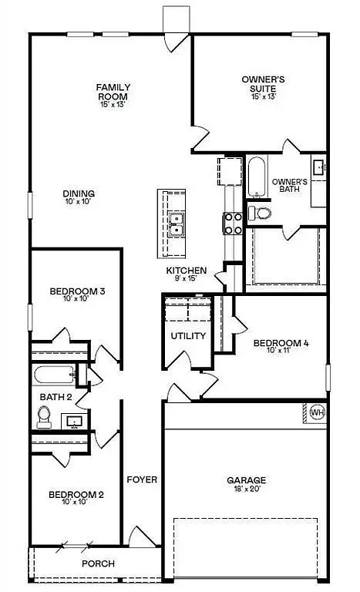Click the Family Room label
coord(113,91)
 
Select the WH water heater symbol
coord(316,413)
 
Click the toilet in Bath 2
coord(45,417)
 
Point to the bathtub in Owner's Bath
coord(256,177)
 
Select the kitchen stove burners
coord(233,224)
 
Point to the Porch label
coord(99,563)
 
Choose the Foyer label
coord(142,479)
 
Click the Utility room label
coord(188,335)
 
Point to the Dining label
coord(79,193)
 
